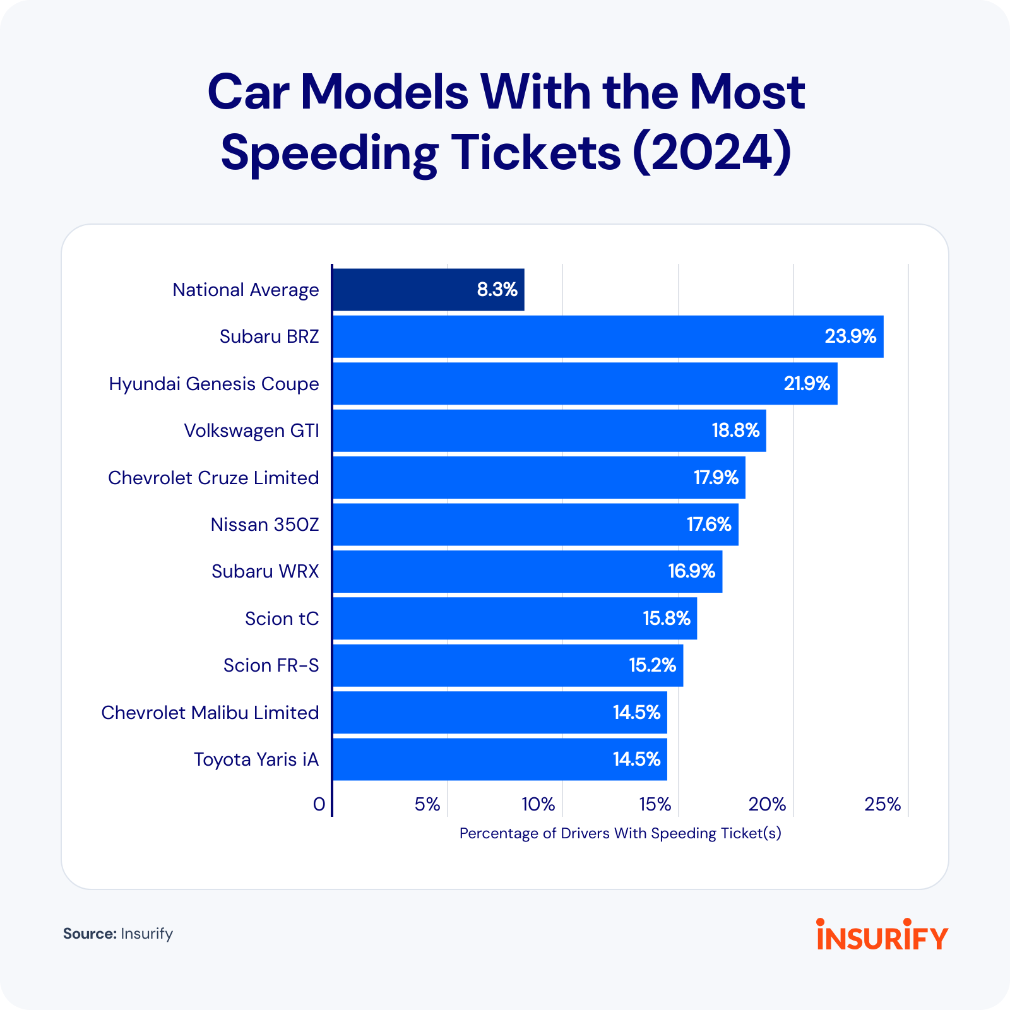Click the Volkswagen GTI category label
(x=251, y=431)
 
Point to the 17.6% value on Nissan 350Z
(x=708, y=525)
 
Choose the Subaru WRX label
(x=265, y=571)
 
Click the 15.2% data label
(x=652, y=665)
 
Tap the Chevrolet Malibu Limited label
(x=210, y=713)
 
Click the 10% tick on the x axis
(x=538, y=804)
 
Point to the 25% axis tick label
(x=882, y=804)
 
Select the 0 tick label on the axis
(x=319, y=804)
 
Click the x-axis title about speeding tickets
(x=620, y=833)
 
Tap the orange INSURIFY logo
(x=882, y=935)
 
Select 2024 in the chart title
(x=711, y=152)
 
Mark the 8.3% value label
(x=497, y=290)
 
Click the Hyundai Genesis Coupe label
(x=214, y=384)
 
